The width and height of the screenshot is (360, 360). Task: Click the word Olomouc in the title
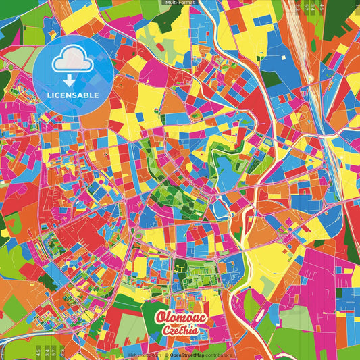click(x=179, y=317)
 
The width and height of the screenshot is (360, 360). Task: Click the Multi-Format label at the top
click(x=180, y=3)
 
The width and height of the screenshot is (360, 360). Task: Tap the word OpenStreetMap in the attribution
click(x=188, y=353)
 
